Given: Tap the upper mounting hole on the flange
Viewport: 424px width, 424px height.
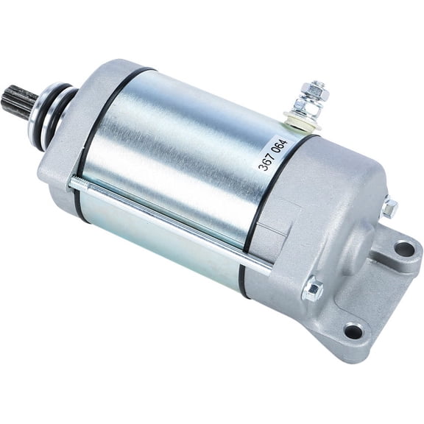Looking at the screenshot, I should [403, 249].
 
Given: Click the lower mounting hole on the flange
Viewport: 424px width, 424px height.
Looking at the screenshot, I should [353, 331].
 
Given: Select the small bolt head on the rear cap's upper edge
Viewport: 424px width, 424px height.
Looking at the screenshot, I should [389, 208].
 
